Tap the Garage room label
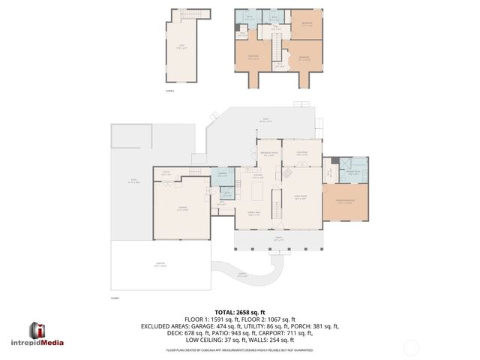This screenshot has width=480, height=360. coord(182,209)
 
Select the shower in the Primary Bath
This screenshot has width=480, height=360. coord(346,166)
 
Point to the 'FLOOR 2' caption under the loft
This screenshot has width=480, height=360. coord(169,91)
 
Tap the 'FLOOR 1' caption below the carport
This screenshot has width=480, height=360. coord(115,298)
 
